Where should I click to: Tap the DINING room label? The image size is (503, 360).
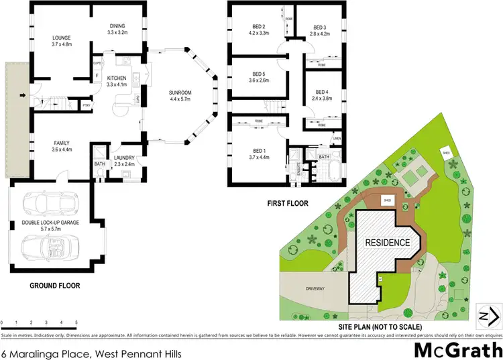[x=118, y=26]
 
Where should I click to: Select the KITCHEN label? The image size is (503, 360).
[x=117, y=78]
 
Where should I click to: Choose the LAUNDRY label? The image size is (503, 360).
[x=123, y=158]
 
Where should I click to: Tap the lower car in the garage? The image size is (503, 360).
[x=48, y=249]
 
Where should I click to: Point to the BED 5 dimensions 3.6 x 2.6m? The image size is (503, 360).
[x=259, y=80]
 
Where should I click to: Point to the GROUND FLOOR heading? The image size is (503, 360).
[x=55, y=286]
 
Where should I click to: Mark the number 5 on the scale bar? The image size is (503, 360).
[x=76, y=322]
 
